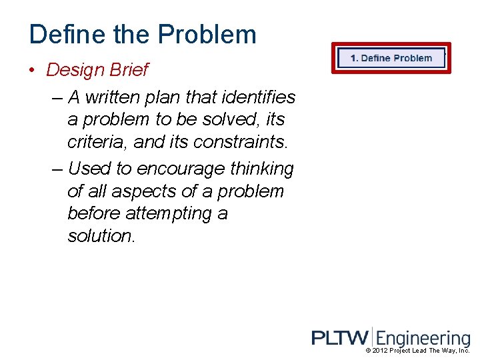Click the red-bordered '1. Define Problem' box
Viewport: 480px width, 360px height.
[391, 58]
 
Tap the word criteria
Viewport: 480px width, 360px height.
[96, 143]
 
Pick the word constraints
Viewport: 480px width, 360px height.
[246, 143]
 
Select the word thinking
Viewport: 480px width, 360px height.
[262, 169]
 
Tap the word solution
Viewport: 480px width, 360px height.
[101, 237]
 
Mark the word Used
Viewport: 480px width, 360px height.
[89, 169]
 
